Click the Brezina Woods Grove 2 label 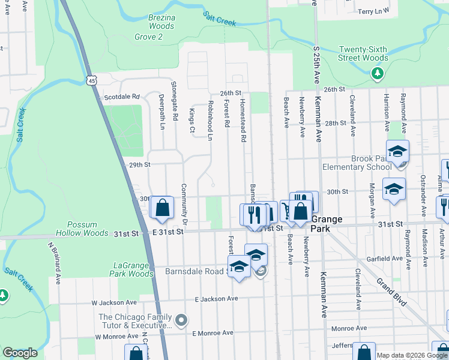[161, 27]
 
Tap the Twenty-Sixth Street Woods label [363, 53]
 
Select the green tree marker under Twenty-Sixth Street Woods [378, 74]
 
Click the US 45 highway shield [91, 80]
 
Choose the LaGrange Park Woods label [133, 269]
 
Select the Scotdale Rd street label [122, 97]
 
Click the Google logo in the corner [20, 353]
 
